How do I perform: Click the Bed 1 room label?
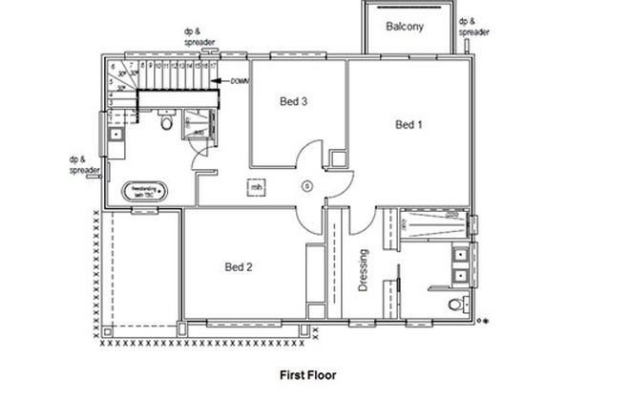point(409,124)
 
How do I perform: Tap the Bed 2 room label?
point(239,266)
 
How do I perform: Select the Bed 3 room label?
point(292,100)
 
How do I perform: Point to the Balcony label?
point(405,27)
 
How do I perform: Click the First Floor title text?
point(306,375)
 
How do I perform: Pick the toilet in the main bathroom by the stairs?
point(166,123)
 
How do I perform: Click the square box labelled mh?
point(256,187)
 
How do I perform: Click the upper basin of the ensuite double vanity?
point(460,255)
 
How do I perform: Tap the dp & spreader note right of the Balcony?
point(474,26)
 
